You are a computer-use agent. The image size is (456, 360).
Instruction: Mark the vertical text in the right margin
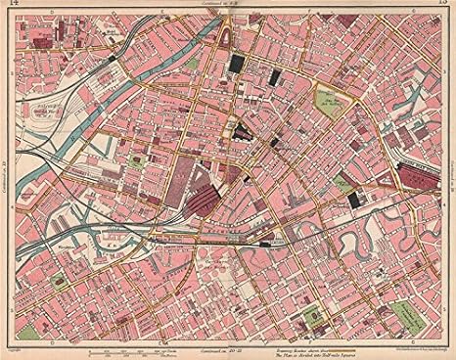(448, 177)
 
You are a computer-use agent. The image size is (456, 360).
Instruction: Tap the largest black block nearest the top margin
(237, 66)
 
